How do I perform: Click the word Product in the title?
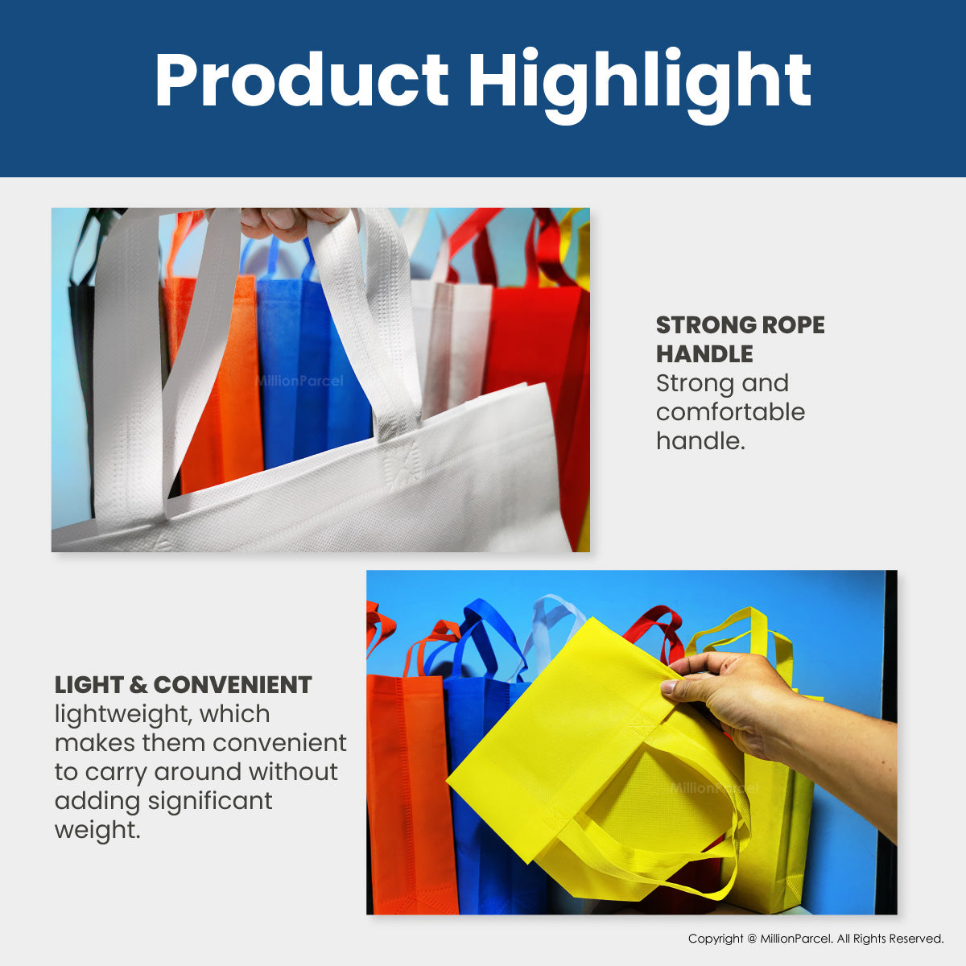302,80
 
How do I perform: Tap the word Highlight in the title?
640,85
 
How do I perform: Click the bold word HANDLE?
704,354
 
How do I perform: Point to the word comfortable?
730,412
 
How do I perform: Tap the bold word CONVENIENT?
233,685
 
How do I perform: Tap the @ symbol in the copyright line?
751,939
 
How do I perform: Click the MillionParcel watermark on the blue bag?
299,381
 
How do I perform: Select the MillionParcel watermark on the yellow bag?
714,789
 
